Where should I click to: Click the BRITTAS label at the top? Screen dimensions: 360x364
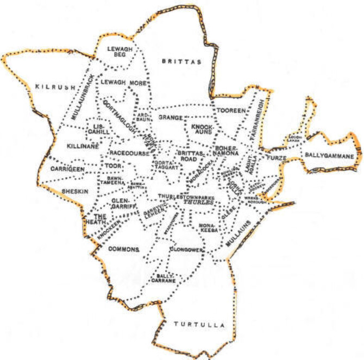(182, 62)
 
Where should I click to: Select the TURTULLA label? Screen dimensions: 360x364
(199, 325)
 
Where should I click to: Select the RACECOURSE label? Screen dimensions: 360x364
(128, 154)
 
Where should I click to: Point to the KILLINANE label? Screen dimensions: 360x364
(81, 147)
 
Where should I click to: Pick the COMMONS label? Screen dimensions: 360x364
(124, 249)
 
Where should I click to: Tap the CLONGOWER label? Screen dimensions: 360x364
(186, 249)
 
